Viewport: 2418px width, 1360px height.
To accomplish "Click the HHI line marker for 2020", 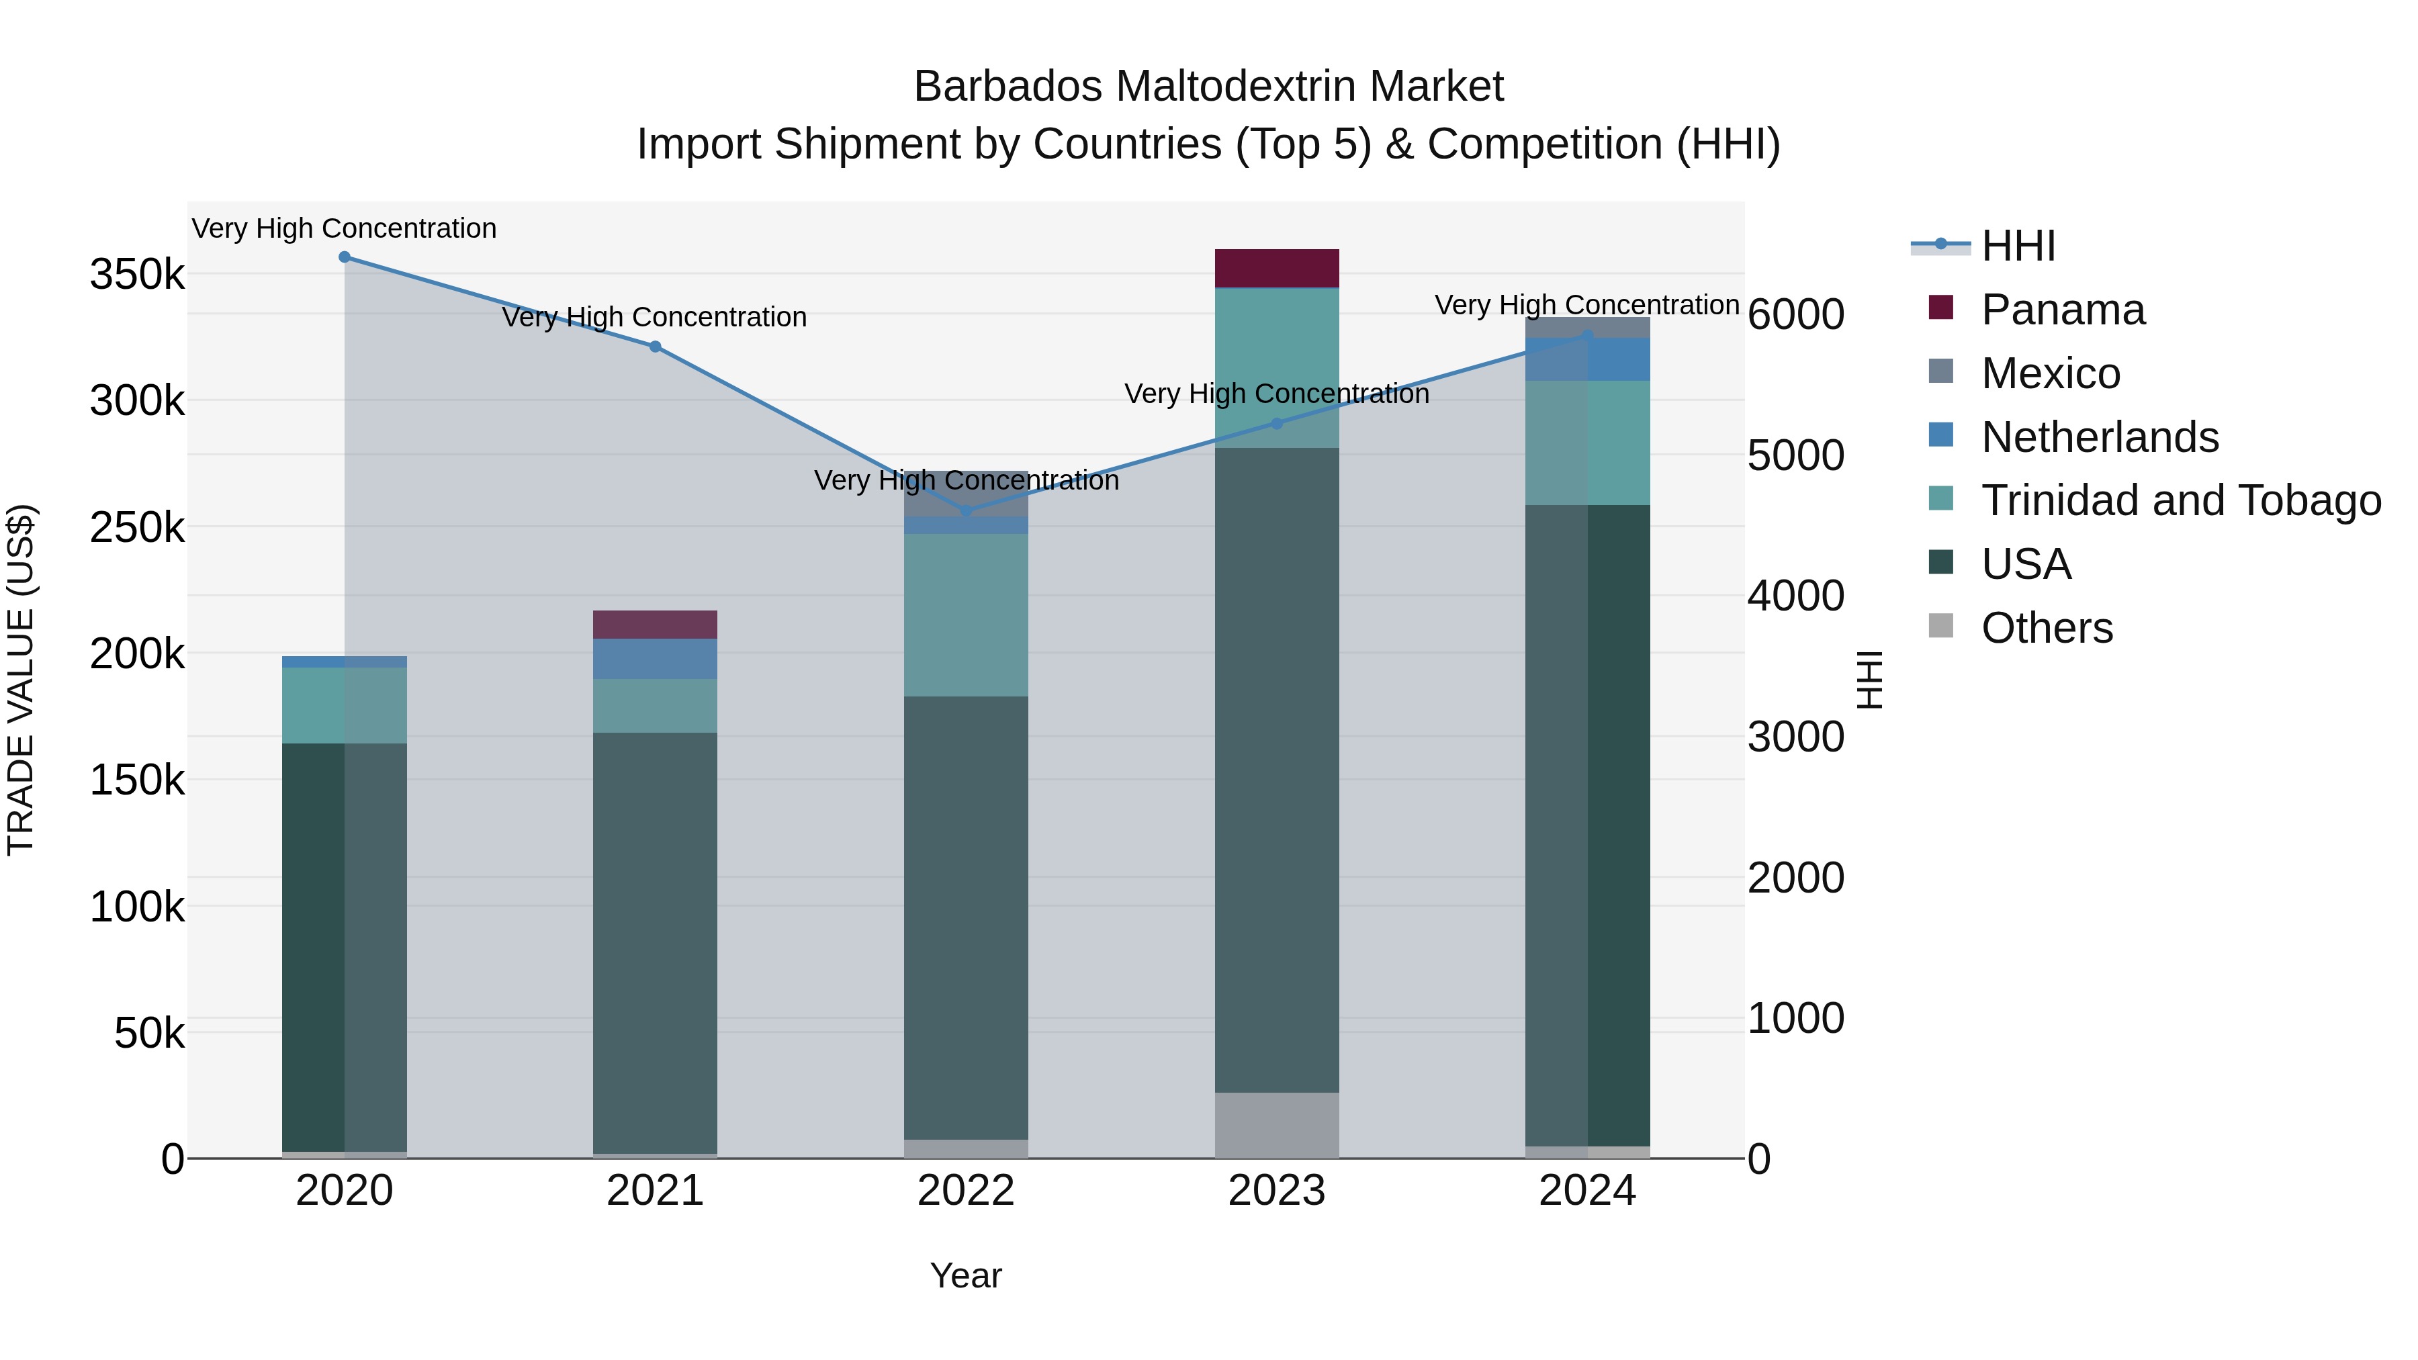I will (x=345, y=257).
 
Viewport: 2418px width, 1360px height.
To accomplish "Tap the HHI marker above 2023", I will (x=1277, y=423).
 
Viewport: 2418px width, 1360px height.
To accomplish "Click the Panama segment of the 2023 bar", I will (x=1277, y=269).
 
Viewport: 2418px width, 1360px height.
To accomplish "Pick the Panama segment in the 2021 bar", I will (x=655, y=624).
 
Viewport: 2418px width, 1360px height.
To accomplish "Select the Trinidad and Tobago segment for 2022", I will (x=966, y=615).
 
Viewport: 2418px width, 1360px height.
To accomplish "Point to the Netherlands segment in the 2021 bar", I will (x=655, y=659).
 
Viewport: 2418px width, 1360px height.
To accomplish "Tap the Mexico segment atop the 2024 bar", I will (x=1587, y=326).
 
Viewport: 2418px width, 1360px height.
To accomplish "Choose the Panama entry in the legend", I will (x=2062, y=310).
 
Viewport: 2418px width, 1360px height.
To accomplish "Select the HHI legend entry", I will (x=2018, y=246).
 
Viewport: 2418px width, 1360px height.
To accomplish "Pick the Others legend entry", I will (x=2047, y=628).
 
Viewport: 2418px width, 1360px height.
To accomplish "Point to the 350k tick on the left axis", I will (x=137, y=275).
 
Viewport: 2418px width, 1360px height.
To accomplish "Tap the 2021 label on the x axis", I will (x=655, y=1191).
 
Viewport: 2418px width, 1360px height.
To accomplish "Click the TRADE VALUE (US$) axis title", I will (x=21, y=680).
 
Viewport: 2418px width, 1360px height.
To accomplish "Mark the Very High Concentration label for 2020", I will (x=345, y=229).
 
